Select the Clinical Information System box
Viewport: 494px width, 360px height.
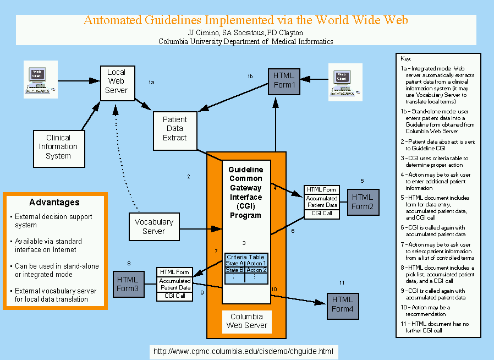(58, 147)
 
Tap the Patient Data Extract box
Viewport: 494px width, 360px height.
(174, 128)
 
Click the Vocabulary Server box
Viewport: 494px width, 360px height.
(153, 226)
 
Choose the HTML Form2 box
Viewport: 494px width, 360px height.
(362, 201)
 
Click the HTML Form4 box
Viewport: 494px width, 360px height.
(343, 304)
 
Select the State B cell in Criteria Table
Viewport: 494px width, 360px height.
(235, 270)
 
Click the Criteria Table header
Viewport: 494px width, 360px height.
(245, 257)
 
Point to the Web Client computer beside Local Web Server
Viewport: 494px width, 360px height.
(37, 80)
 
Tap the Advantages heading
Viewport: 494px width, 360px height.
(54, 202)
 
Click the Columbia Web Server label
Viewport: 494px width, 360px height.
(246, 321)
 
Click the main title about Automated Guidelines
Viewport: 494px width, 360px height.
(245, 20)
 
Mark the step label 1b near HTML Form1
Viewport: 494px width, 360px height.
(250, 76)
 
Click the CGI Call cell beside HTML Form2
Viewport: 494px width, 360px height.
(321, 213)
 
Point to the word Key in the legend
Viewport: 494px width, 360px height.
(406, 58)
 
